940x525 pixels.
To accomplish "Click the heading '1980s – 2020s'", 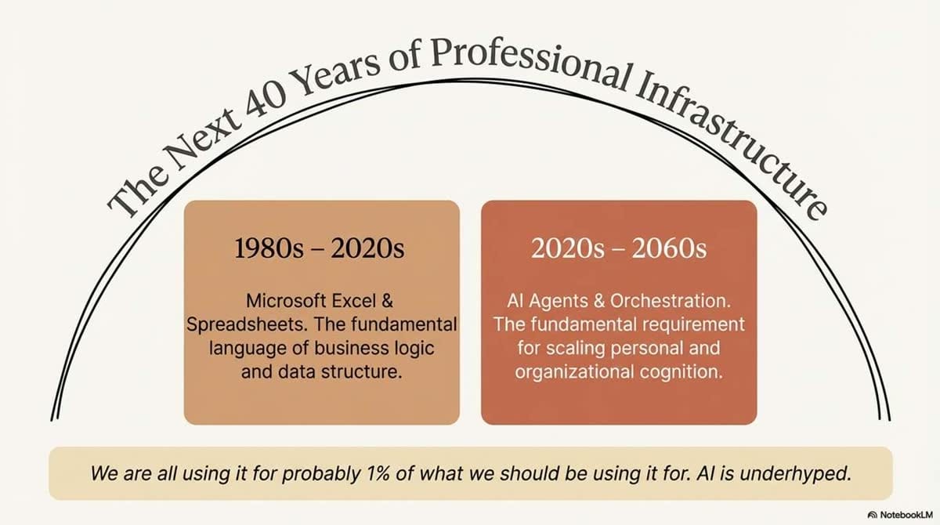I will (x=319, y=249).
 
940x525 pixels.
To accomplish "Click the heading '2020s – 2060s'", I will (x=619, y=249).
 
